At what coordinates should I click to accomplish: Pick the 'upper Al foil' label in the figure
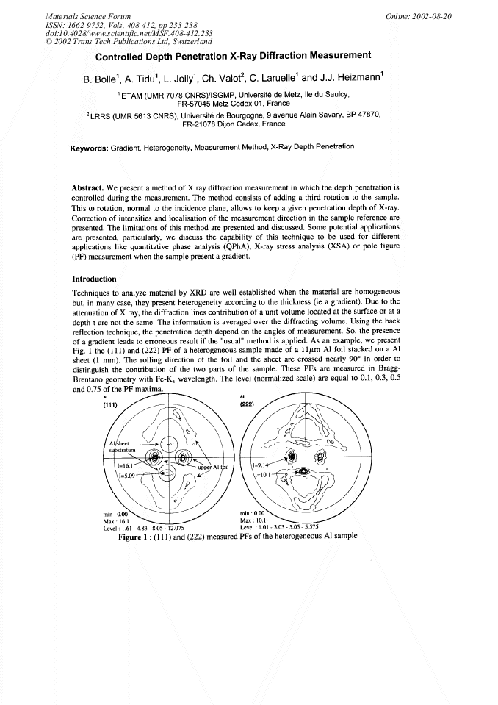pos(216,467)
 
